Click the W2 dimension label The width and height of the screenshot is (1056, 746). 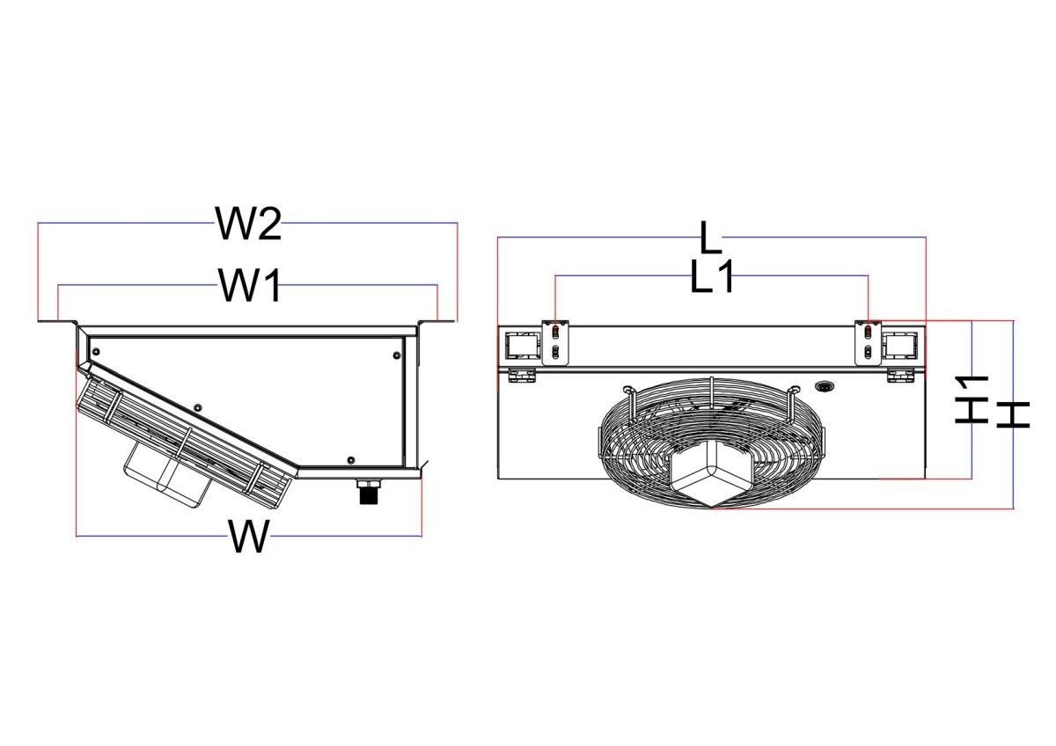(x=249, y=223)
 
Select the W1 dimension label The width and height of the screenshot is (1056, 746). (x=250, y=285)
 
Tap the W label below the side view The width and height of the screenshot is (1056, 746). (x=249, y=537)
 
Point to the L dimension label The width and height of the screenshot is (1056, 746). (x=711, y=238)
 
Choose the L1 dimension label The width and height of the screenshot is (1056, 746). (x=712, y=276)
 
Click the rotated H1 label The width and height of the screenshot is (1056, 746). (x=972, y=399)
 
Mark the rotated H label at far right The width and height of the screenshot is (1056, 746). (x=1013, y=415)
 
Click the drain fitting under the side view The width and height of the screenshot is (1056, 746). (x=368, y=492)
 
